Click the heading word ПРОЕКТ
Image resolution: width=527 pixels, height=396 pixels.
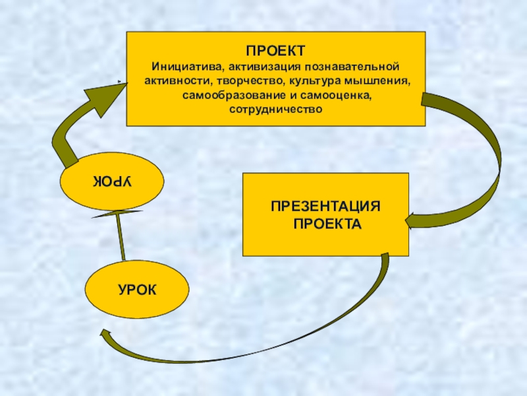pyautogui.click(x=275, y=51)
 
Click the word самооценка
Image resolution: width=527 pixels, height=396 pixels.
pyautogui.click(x=340, y=96)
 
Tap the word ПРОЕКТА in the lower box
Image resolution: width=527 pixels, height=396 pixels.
pyautogui.click(x=327, y=224)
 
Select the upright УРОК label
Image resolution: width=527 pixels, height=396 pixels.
pyautogui.click(x=136, y=289)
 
